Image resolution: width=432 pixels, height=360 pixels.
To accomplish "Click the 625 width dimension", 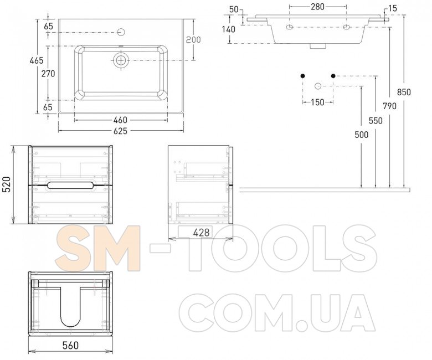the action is pos(121,131).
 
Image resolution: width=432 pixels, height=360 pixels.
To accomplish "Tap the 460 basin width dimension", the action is pos(121,120).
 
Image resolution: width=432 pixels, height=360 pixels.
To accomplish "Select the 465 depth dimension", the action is pos(37,60).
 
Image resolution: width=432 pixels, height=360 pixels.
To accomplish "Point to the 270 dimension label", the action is pos(48,74).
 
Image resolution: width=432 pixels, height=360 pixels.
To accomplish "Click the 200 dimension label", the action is pos(193,40).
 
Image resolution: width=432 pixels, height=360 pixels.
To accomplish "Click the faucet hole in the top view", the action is pos(121,32).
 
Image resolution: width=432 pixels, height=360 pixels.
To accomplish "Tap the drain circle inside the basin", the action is pos(121,60).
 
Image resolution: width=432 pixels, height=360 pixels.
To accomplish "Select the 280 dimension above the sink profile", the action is pos(317,7).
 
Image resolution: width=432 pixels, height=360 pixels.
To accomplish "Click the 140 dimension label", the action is pos(229,29).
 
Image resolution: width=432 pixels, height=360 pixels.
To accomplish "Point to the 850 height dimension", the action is pos(404,92).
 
